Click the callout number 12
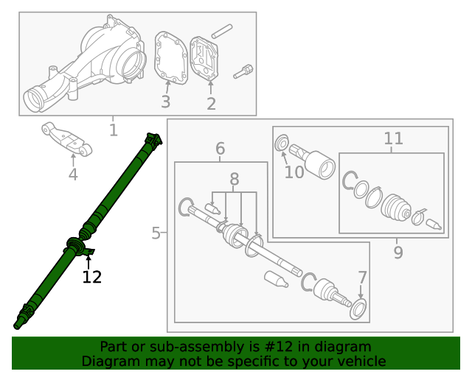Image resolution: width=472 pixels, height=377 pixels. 91,277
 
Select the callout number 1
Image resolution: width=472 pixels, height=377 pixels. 113,130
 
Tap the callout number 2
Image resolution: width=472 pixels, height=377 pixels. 211,104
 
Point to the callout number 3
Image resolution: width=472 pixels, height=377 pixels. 166,102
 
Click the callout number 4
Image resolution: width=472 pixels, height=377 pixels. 73,175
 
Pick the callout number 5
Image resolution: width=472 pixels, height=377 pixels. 156,233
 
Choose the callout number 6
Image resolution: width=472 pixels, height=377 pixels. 220,149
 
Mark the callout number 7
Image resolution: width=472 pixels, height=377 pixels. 361,278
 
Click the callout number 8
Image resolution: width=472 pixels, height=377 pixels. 235,179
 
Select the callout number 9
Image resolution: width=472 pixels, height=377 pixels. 398,253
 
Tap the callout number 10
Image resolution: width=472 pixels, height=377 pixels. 294,172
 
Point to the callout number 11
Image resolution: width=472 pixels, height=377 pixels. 393,138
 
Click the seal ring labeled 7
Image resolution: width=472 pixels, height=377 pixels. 360,309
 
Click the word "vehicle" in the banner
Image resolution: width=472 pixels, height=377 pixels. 358,361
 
